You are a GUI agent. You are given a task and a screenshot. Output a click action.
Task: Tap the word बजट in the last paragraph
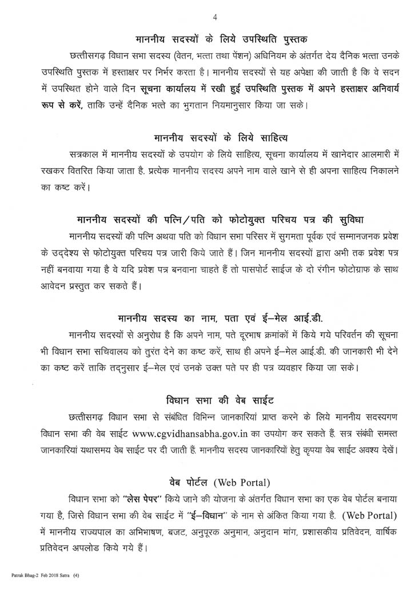coord(166,531)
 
